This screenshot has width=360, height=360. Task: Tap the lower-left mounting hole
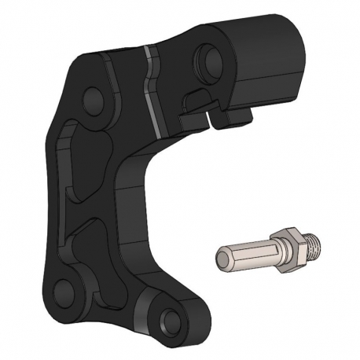click(x=64, y=285)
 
